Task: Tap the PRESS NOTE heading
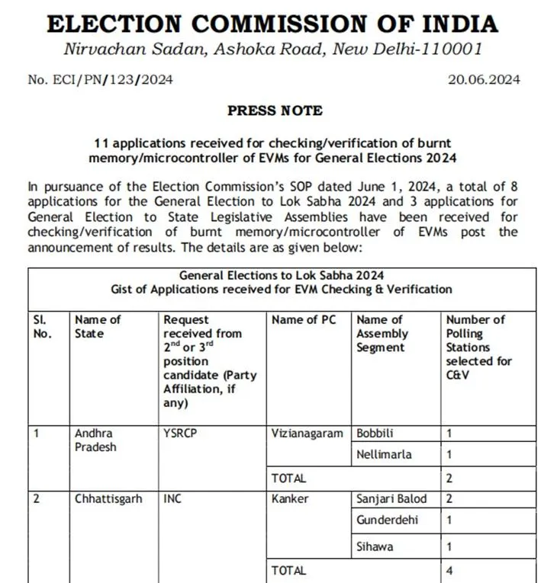point(275,111)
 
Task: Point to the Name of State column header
point(98,326)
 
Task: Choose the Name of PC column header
point(304,320)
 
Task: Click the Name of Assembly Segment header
point(382,334)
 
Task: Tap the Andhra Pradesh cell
point(95,440)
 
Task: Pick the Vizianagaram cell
point(307,433)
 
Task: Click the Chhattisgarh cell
point(108,499)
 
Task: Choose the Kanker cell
point(291,499)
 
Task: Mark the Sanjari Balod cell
point(391,499)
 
